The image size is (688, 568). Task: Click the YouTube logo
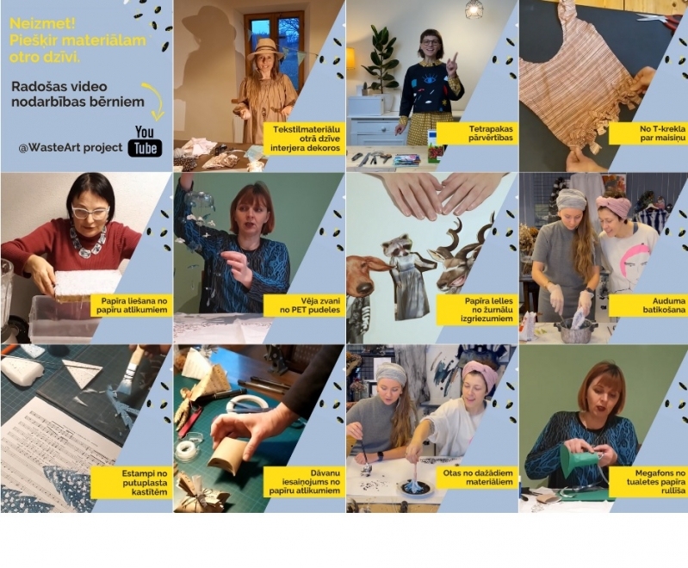point(145,141)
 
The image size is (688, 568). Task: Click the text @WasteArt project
point(71,148)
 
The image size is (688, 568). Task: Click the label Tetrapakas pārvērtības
point(477,133)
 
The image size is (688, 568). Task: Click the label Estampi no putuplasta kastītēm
point(132,483)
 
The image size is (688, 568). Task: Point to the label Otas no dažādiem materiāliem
point(477,478)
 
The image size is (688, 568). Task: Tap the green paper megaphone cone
point(579,459)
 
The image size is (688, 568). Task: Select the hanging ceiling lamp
point(473,9)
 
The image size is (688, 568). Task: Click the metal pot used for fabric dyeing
point(575,330)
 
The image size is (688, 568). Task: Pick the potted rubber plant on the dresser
point(379,61)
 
